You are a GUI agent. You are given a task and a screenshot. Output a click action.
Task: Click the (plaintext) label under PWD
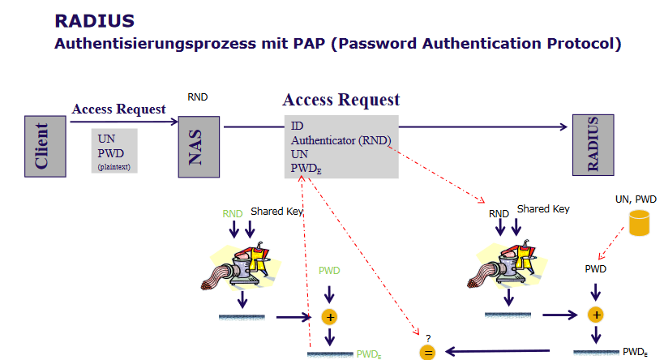click(x=114, y=167)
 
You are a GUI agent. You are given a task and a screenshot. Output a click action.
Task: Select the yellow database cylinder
click(x=641, y=222)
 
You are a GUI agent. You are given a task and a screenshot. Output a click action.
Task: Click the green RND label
click(x=233, y=214)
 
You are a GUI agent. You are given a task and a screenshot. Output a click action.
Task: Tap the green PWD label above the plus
click(x=329, y=270)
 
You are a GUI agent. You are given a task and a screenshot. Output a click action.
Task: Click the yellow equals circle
click(x=426, y=351)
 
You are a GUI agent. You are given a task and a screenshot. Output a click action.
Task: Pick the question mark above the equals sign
click(x=427, y=336)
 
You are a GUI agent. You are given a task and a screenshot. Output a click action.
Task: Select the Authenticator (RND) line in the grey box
click(x=341, y=140)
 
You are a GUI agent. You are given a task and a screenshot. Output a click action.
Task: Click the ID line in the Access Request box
click(x=297, y=127)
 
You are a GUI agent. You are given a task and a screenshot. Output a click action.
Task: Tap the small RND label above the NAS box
click(x=198, y=97)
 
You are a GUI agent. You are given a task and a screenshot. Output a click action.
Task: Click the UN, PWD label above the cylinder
click(x=636, y=199)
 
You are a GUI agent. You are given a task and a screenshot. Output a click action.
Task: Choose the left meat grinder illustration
click(x=239, y=268)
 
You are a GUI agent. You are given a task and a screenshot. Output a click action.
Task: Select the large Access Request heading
click(x=341, y=101)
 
